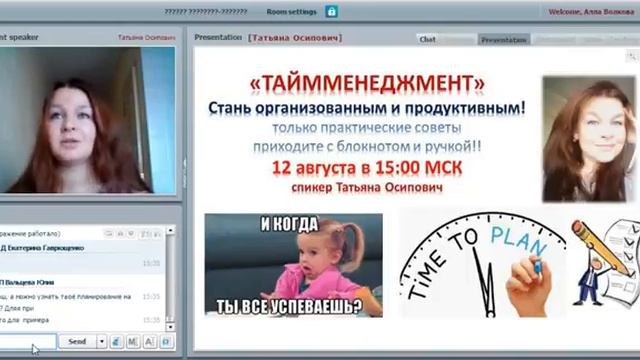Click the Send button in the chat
pyautogui.click(x=76, y=341)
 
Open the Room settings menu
pyautogui.click(x=291, y=12)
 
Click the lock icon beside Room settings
pyautogui.click(x=331, y=12)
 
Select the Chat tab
pyautogui.click(x=428, y=40)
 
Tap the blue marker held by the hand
pyautogui.click(x=535, y=266)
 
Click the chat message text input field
pyautogui.click(x=28, y=341)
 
